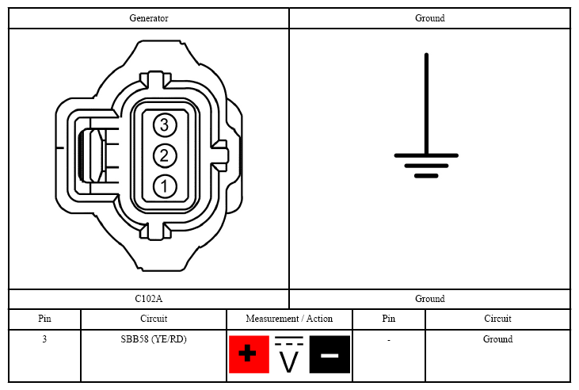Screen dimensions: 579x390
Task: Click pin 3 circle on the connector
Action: point(165,125)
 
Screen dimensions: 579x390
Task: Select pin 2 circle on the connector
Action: point(165,155)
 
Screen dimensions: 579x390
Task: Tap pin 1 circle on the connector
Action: point(165,186)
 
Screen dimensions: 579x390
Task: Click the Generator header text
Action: point(149,18)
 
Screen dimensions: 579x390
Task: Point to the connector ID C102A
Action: point(148,299)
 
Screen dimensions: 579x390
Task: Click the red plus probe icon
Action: point(249,354)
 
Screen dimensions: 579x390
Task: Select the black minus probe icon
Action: point(329,354)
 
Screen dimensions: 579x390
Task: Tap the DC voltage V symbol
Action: point(289,354)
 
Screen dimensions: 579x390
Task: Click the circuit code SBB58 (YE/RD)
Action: point(154,339)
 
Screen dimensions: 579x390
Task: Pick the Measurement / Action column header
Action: point(289,319)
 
